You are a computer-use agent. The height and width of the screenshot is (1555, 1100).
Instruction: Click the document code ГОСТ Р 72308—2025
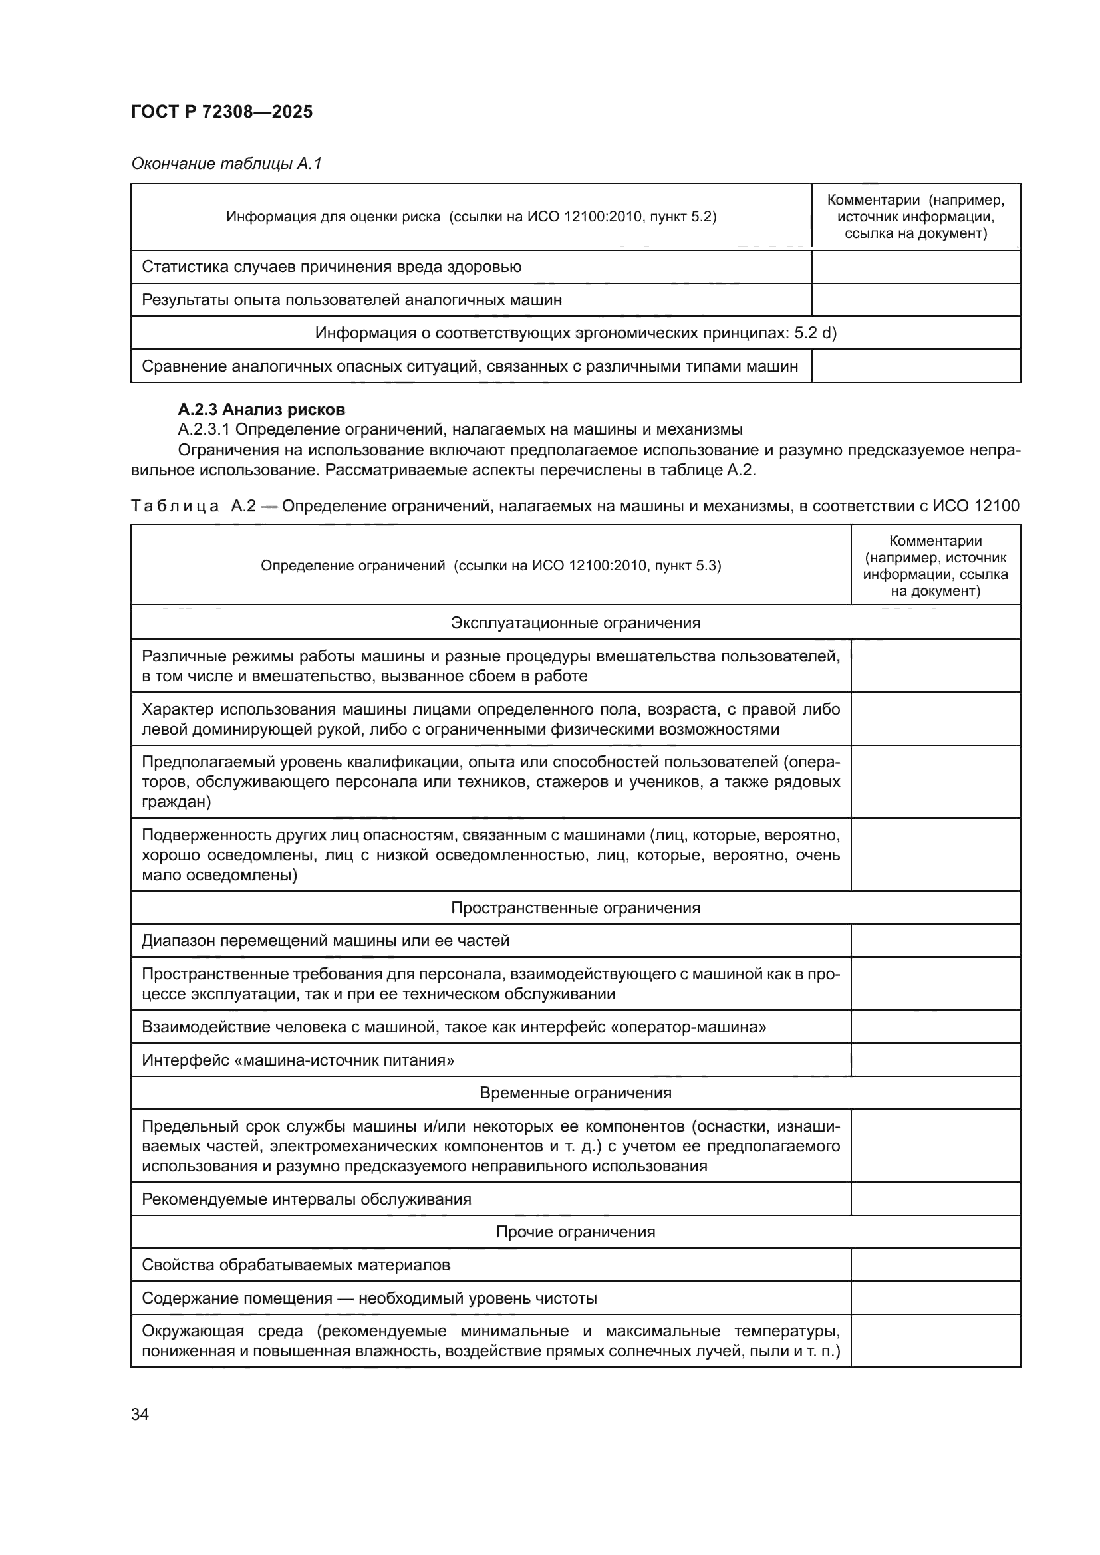221,112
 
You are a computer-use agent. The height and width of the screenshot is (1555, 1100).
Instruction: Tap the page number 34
140,1414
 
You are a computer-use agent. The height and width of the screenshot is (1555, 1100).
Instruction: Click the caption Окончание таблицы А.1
226,164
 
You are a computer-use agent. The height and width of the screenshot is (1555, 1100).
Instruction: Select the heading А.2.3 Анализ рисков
261,409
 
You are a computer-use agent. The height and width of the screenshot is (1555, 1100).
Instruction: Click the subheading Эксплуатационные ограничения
575,622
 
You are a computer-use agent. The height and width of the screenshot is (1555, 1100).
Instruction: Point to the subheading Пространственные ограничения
575,907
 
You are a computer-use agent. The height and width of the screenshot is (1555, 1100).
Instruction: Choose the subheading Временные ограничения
575,1092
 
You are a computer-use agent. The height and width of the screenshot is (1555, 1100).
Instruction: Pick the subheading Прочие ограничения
575,1231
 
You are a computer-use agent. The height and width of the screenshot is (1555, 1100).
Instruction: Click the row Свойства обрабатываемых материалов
296,1265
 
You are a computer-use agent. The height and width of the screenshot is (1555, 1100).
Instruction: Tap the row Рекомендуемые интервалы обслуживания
306,1199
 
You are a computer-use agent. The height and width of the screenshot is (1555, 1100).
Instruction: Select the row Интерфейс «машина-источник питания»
298,1060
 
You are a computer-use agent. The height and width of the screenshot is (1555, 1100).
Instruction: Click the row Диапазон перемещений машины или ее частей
325,941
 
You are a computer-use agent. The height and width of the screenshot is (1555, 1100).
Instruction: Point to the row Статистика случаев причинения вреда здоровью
331,266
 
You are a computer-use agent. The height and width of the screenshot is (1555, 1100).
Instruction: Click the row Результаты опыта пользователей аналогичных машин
352,299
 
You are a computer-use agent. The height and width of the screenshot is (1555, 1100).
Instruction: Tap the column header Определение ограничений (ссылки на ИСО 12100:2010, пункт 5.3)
490,566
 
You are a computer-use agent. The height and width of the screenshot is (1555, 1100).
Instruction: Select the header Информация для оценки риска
471,217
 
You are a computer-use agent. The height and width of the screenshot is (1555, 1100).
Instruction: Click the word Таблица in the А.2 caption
175,506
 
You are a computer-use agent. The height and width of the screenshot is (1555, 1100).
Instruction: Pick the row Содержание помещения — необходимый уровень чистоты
369,1298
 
